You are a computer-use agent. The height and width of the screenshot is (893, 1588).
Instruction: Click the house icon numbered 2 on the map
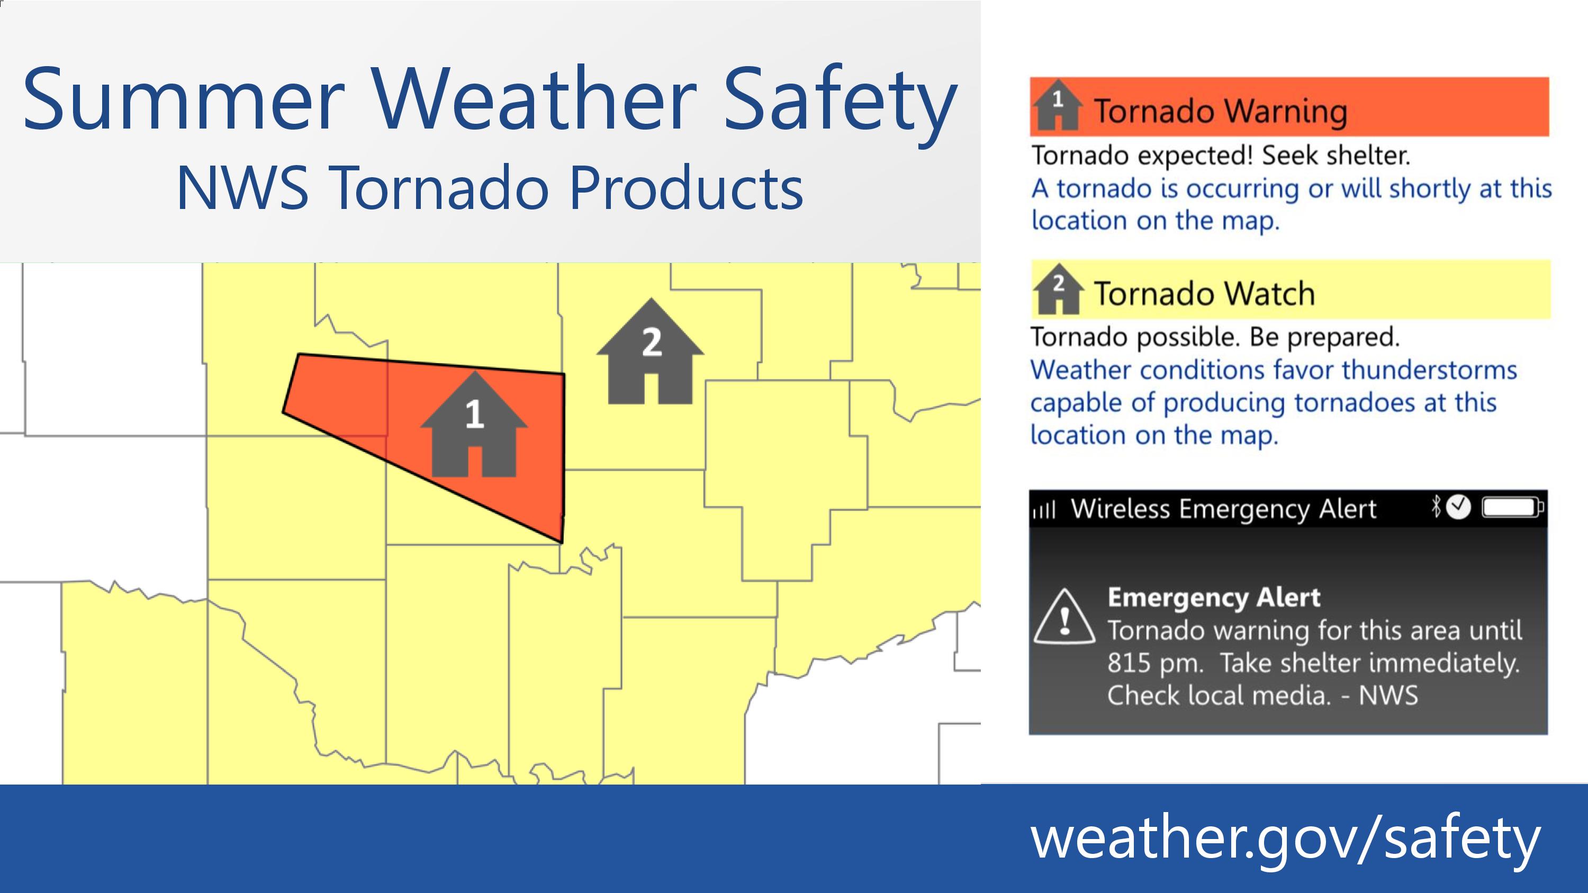click(651, 351)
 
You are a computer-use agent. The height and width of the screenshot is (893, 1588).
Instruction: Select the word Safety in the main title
click(839, 105)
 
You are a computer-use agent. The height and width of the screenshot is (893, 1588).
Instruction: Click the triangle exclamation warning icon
click(1064, 617)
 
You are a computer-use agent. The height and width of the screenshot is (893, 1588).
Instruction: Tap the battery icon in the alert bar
click(1513, 507)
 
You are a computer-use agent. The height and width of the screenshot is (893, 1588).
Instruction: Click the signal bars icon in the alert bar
click(1044, 511)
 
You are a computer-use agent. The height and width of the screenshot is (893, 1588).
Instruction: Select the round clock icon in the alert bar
click(1458, 507)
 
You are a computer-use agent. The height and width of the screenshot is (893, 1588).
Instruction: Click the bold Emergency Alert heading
click(1214, 597)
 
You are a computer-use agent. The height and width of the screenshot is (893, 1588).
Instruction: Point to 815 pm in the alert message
click(1155, 663)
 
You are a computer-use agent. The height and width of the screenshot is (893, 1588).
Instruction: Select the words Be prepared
click(1325, 337)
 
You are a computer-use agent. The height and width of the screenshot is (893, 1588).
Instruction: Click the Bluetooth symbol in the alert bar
click(1437, 507)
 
